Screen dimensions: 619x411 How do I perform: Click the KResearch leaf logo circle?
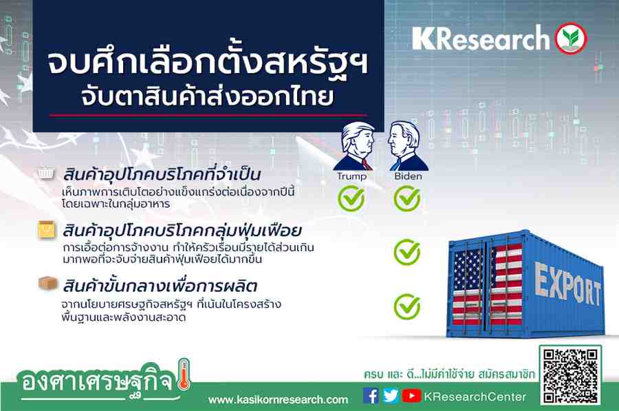(x=571, y=39)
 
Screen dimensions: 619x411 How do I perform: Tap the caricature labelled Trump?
(x=354, y=146)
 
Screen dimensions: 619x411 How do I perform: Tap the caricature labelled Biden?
(x=407, y=146)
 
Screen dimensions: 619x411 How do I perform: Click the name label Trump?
(x=351, y=176)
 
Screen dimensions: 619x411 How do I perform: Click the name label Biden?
(x=408, y=176)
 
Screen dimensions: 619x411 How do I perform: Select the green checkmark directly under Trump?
(x=351, y=198)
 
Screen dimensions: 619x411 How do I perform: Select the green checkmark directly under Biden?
(x=407, y=198)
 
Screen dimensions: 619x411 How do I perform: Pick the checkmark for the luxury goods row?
(x=407, y=252)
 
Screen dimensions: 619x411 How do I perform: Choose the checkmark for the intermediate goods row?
(x=407, y=306)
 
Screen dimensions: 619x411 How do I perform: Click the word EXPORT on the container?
(x=567, y=285)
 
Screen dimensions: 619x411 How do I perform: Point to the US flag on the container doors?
(x=488, y=284)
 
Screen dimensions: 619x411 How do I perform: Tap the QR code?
(x=570, y=375)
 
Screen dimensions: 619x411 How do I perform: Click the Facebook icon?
(x=371, y=396)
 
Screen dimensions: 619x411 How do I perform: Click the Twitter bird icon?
(x=391, y=396)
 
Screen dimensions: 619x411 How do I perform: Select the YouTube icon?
(x=411, y=396)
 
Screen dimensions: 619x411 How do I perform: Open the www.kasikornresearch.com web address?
(x=279, y=400)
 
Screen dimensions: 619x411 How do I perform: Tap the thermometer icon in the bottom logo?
(x=184, y=375)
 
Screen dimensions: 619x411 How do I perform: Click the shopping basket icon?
(x=47, y=173)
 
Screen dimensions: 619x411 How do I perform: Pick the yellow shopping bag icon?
(x=47, y=230)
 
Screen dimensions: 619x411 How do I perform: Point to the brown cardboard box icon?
(x=47, y=283)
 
